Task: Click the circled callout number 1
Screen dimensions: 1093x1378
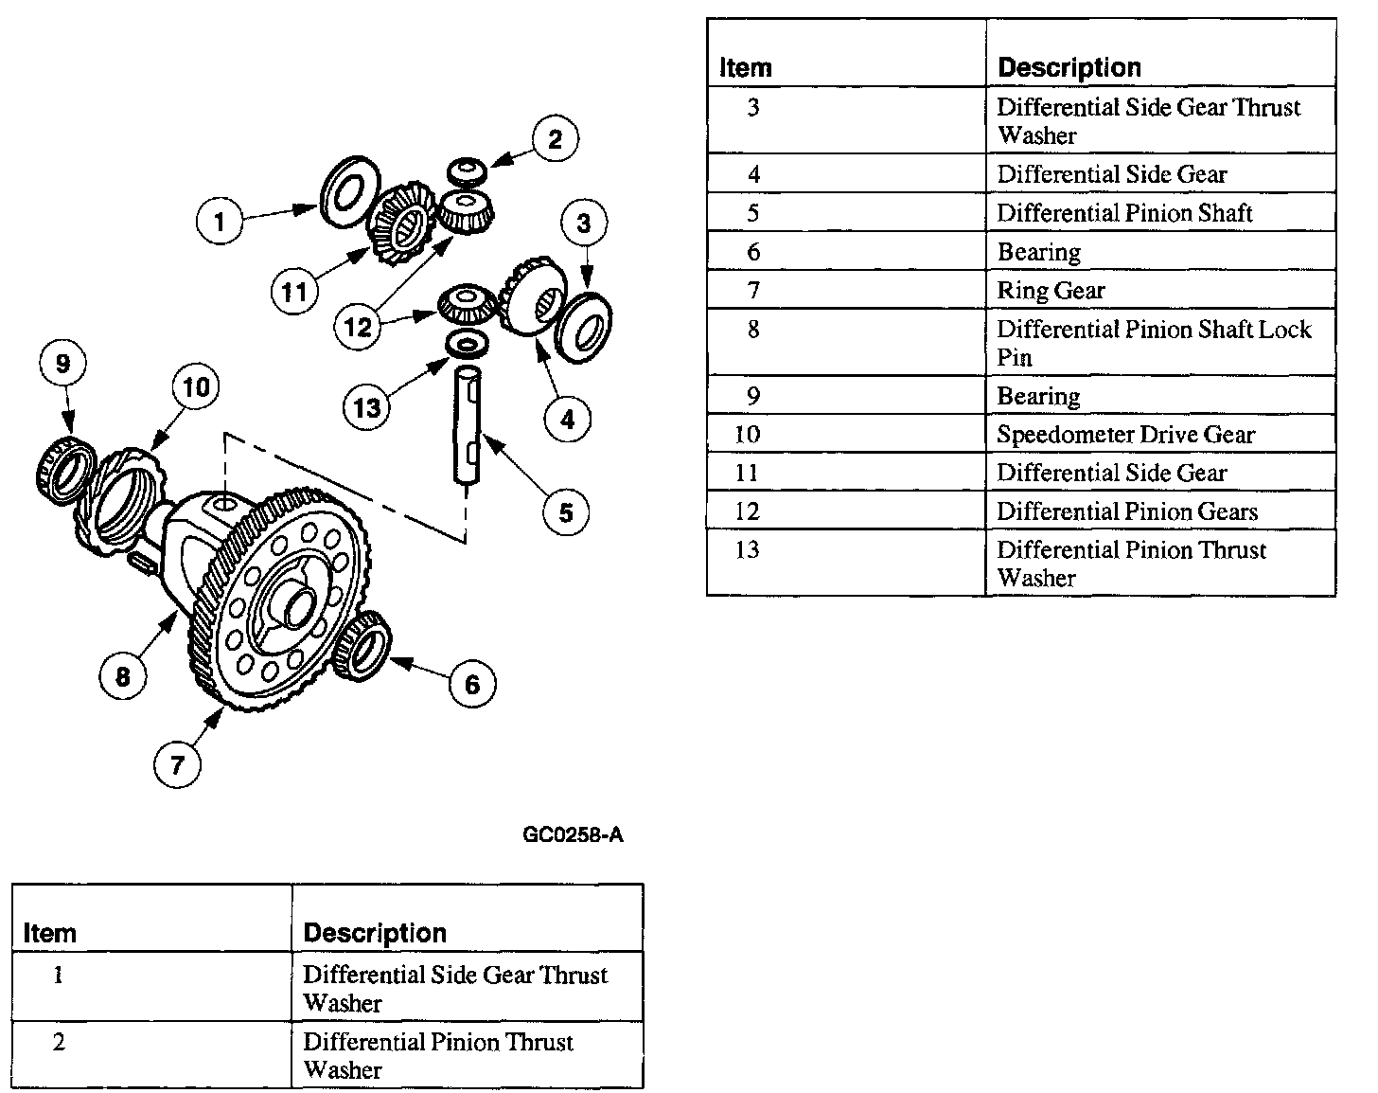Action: tap(220, 222)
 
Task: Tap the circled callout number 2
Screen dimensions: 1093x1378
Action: tap(555, 139)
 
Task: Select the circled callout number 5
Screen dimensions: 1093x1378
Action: tap(566, 512)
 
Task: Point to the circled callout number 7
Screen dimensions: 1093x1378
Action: tap(178, 763)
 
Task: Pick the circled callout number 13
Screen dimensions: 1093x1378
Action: tap(366, 407)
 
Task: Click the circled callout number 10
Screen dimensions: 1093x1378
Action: tap(196, 387)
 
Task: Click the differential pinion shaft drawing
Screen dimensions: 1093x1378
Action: tap(468, 426)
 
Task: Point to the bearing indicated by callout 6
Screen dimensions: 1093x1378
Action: tap(363, 645)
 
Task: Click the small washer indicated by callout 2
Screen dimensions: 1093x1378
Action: tap(468, 170)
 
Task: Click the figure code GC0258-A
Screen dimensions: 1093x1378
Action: tap(573, 835)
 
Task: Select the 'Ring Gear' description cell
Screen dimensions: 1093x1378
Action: tap(1051, 291)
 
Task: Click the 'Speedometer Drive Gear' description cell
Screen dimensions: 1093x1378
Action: tap(1125, 435)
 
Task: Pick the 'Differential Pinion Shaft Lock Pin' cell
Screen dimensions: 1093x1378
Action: tap(1154, 343)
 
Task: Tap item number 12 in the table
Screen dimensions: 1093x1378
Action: tap(748, 511)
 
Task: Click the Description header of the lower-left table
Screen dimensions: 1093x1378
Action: tap(375, 933)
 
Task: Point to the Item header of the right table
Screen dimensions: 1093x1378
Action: tap(746, 68)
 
